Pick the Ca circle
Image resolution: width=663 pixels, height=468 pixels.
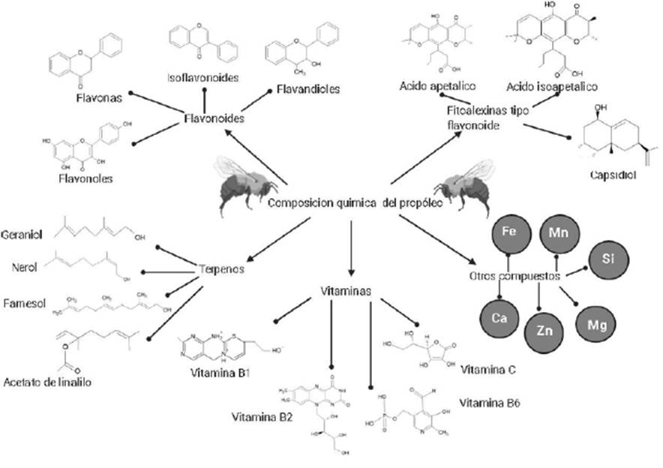(x=499, y=317)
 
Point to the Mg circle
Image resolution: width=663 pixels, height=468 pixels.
(x=597, y=325)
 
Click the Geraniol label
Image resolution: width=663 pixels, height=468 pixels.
(x=22, y=235)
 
